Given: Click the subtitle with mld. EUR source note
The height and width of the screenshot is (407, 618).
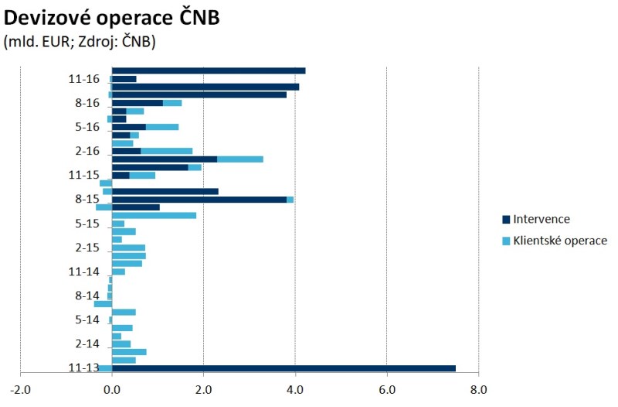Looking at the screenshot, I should click(x=80, y=43).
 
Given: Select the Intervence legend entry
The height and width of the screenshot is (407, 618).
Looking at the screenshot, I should click(x=541, y=220).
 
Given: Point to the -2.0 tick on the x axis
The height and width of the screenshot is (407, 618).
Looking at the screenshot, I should click(x=20, y=390).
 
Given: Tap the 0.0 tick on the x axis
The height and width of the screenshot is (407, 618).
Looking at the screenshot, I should click(x=112, y=390).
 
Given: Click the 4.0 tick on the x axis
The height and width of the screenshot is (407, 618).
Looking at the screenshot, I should click(x=295, y=390).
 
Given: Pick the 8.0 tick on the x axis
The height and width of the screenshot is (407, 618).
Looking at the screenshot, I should click(x=478, y=390).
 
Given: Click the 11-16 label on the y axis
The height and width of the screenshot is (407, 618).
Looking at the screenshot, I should click(x=84, y=79).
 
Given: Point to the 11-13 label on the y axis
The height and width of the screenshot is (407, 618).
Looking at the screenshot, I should click(x=84, y=368).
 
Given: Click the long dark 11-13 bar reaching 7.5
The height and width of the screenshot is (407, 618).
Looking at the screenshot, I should click(x=284, y=368).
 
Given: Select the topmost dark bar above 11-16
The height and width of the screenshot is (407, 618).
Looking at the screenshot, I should click(x=209, y=70).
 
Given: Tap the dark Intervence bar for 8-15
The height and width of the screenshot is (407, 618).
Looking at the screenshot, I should click(x=199, y=200).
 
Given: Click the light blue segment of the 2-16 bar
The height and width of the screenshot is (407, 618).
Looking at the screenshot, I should click(x=166, y=151).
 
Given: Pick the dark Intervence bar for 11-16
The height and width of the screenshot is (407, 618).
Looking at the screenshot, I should click(x=124, y=79).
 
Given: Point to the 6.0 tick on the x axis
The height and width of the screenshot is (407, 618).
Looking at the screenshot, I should click(x=386, y=390).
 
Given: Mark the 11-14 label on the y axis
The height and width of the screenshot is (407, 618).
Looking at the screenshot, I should click(x=84, y=272).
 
